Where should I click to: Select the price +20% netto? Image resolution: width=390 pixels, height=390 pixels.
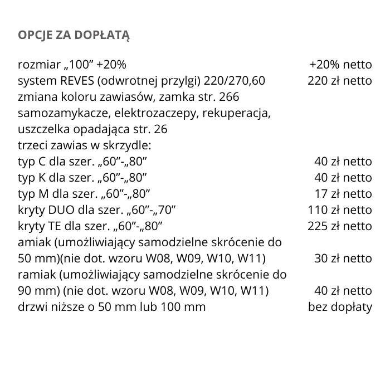(340, 65)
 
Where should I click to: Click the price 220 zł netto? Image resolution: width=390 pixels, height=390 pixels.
(339, 81)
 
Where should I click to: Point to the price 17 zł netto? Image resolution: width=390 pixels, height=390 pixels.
(344, 194)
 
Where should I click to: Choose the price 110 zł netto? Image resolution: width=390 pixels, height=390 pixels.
(339, 210)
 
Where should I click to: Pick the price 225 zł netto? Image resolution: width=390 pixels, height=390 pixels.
(339, 226)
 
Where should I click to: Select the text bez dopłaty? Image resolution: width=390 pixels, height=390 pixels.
(340, 307)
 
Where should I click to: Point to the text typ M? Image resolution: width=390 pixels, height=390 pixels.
(32, 194)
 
